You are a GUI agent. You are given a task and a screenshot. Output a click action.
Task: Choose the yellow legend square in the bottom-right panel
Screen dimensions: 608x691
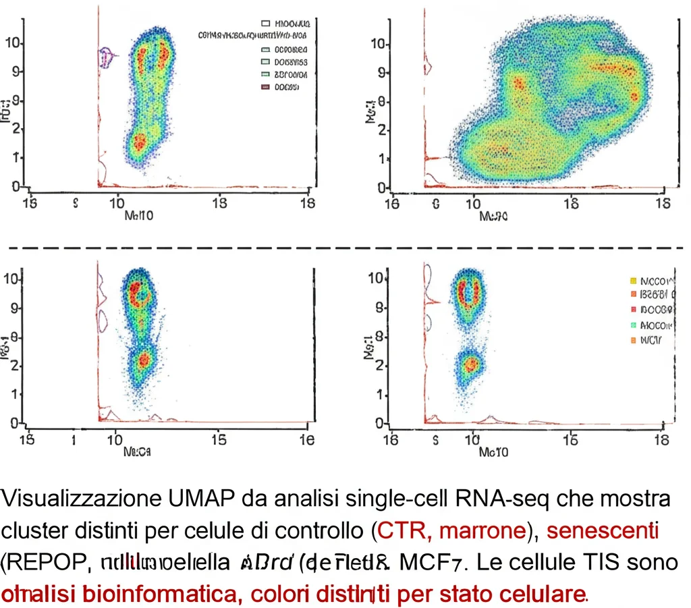(x=632, y=280)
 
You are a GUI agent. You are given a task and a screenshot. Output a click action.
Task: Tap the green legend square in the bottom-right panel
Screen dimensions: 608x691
(x=632, y=325)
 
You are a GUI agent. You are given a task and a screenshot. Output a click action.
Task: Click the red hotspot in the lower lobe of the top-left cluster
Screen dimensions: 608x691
(x=140, y=142)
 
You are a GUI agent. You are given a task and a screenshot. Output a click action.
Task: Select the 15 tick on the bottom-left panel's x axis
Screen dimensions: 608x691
(x=219, y=440)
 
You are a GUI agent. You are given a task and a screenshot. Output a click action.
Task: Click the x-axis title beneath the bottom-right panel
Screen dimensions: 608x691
(x=493, y=451)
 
